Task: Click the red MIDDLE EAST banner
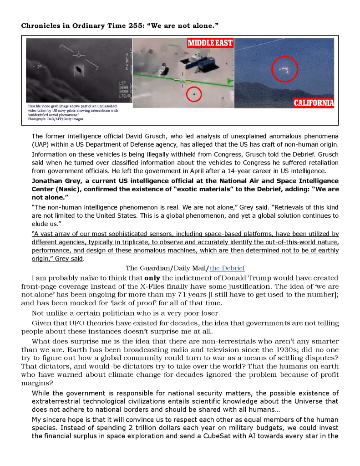click(x=210, y=43)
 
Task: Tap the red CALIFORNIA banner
click(x=314, y=103)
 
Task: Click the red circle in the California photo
click(x=284, y=69)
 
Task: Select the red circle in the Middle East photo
click(x=194, y=94)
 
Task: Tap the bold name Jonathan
click(x=48, y=181)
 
